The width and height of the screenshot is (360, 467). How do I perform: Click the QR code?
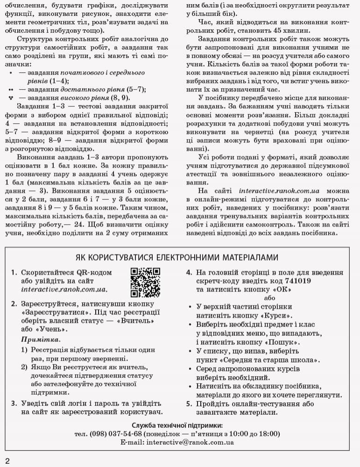(x=145, y=282)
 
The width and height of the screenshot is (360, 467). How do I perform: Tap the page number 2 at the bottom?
(x=7, y=460)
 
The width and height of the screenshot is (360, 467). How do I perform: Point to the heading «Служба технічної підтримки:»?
(x=177, y=425)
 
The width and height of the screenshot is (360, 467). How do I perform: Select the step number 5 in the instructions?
(x=189, y=404)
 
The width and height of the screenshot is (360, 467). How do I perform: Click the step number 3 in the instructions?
(x=14, y=403)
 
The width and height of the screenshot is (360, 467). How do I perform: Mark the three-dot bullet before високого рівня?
(x=10, y=98)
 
